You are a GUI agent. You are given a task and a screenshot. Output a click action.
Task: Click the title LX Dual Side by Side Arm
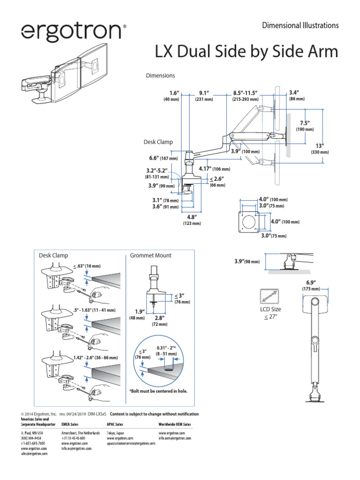coord(246,52)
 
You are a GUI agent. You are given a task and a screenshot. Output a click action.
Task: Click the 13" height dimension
coord(320,145)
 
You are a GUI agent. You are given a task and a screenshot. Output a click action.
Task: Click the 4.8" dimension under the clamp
coord(191,217)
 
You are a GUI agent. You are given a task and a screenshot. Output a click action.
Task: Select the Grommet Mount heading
coord(150,255)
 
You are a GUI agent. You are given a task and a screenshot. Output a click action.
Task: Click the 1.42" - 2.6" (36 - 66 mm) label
coord(96,358)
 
